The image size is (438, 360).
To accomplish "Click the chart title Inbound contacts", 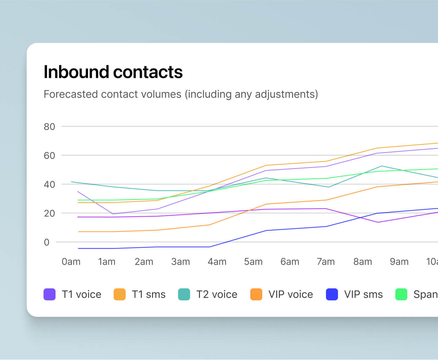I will (x=113, y=72).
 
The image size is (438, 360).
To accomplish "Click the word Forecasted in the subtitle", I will (x=71, y=94).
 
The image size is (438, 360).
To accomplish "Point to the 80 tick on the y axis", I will (x=49, y=127).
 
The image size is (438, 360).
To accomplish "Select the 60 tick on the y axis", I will (x=49, y=156).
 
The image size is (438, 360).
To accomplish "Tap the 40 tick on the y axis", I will (x=49, y=184).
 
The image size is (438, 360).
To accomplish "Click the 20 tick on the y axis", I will (x=49, y=213).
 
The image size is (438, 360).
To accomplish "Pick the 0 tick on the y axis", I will (x=47, y=242).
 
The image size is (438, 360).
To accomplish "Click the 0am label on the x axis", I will (x=71, y=262).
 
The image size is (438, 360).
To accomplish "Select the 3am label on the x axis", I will (x=180, y=262).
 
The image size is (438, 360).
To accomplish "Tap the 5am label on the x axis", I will (x=253, y=262).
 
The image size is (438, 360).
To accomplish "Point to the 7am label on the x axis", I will (x=326, y=262).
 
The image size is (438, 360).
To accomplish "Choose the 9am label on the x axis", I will (x=399, y=262).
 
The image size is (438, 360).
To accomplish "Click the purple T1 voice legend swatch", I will (x=49, y=294).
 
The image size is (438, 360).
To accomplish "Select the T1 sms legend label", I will (x=148, y=294).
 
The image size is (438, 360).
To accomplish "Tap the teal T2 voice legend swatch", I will (x=184, y=294).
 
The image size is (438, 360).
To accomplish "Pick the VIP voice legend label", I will (x=291, y=294).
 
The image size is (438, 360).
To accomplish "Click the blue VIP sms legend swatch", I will (x=332, y=294).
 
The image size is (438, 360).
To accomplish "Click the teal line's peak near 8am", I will (x=381, y=166).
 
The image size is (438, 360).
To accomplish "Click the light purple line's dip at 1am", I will (x=113, y=214).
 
